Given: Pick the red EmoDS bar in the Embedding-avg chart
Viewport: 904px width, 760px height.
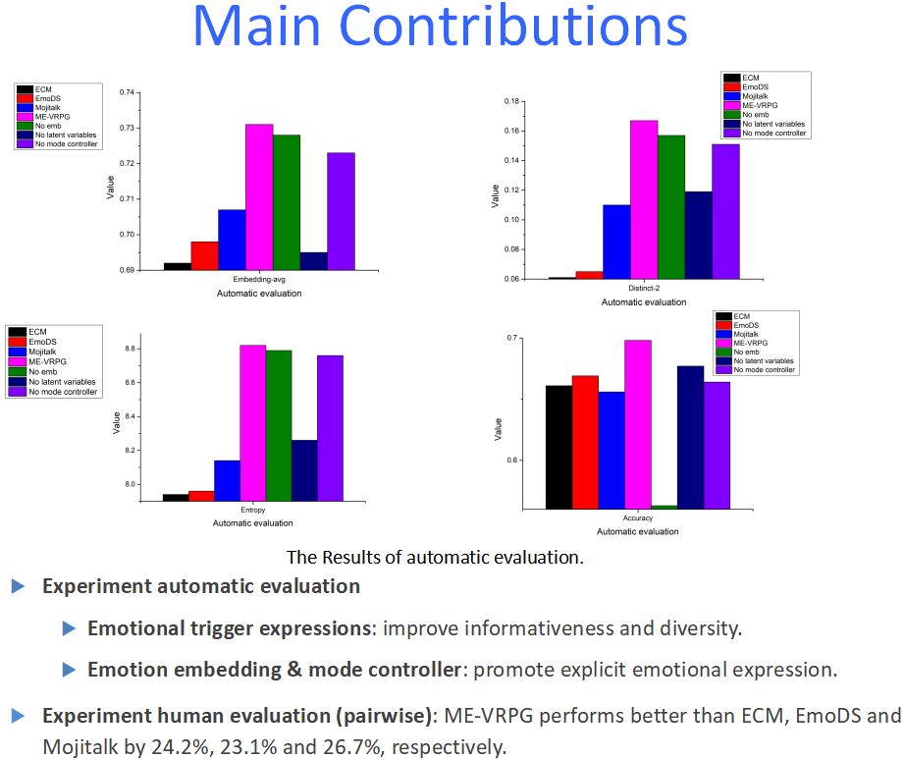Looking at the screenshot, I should click(204, 255).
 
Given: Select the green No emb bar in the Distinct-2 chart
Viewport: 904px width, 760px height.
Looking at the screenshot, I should click(670, 206).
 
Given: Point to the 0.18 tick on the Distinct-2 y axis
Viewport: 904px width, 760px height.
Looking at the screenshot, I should click(510, 101).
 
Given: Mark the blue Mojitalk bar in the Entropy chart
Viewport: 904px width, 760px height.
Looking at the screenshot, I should click(227, 480).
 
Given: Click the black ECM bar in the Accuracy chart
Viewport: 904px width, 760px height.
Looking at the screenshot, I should click(558, 447).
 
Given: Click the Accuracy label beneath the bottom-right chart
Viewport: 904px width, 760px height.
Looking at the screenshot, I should click(637, 518).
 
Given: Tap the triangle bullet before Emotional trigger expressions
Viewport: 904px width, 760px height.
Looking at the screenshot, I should click(68, 627).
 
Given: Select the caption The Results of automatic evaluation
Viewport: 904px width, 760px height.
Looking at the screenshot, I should click(435, 557).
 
